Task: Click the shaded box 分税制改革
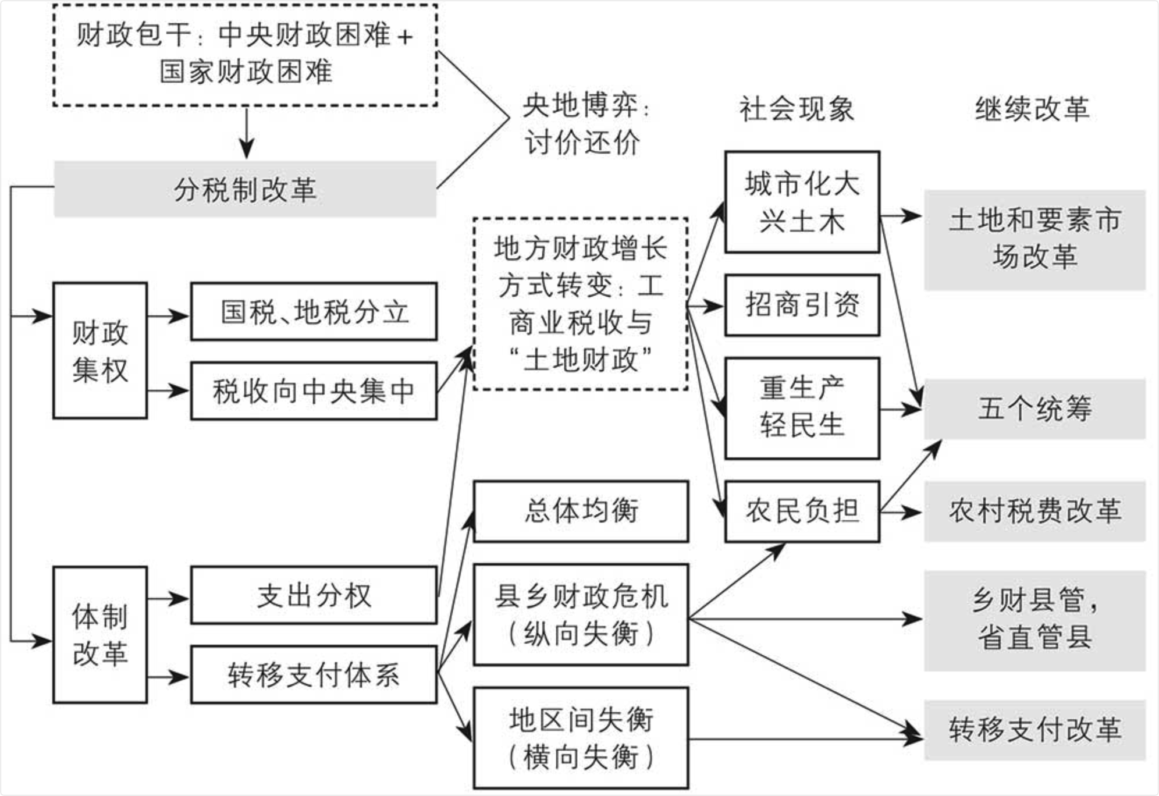tap(245, 189)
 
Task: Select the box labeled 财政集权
tap(100, 351)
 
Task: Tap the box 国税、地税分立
tap(314, 312)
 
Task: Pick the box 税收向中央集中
tap(314, 390)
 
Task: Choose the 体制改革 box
tap(100, 635)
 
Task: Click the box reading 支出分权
tap(314, 595)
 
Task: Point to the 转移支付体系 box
tap(314, 674)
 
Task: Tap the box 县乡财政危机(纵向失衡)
tap(581, 614)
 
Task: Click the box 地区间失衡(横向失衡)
tap(581, 738)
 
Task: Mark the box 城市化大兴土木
tap(802, 202)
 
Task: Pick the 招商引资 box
tap(802, 305)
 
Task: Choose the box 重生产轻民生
tap(802, 408)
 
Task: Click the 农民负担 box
tap(802, 511)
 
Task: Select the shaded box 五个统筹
tap(1034, 408)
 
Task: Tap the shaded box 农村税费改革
tap(1034, 511)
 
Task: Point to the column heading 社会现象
tap(797, 109)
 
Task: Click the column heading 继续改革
tap(1032, 109)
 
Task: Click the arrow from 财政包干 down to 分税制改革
tap(247, 133)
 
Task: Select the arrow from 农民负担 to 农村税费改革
tap(901, 513)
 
